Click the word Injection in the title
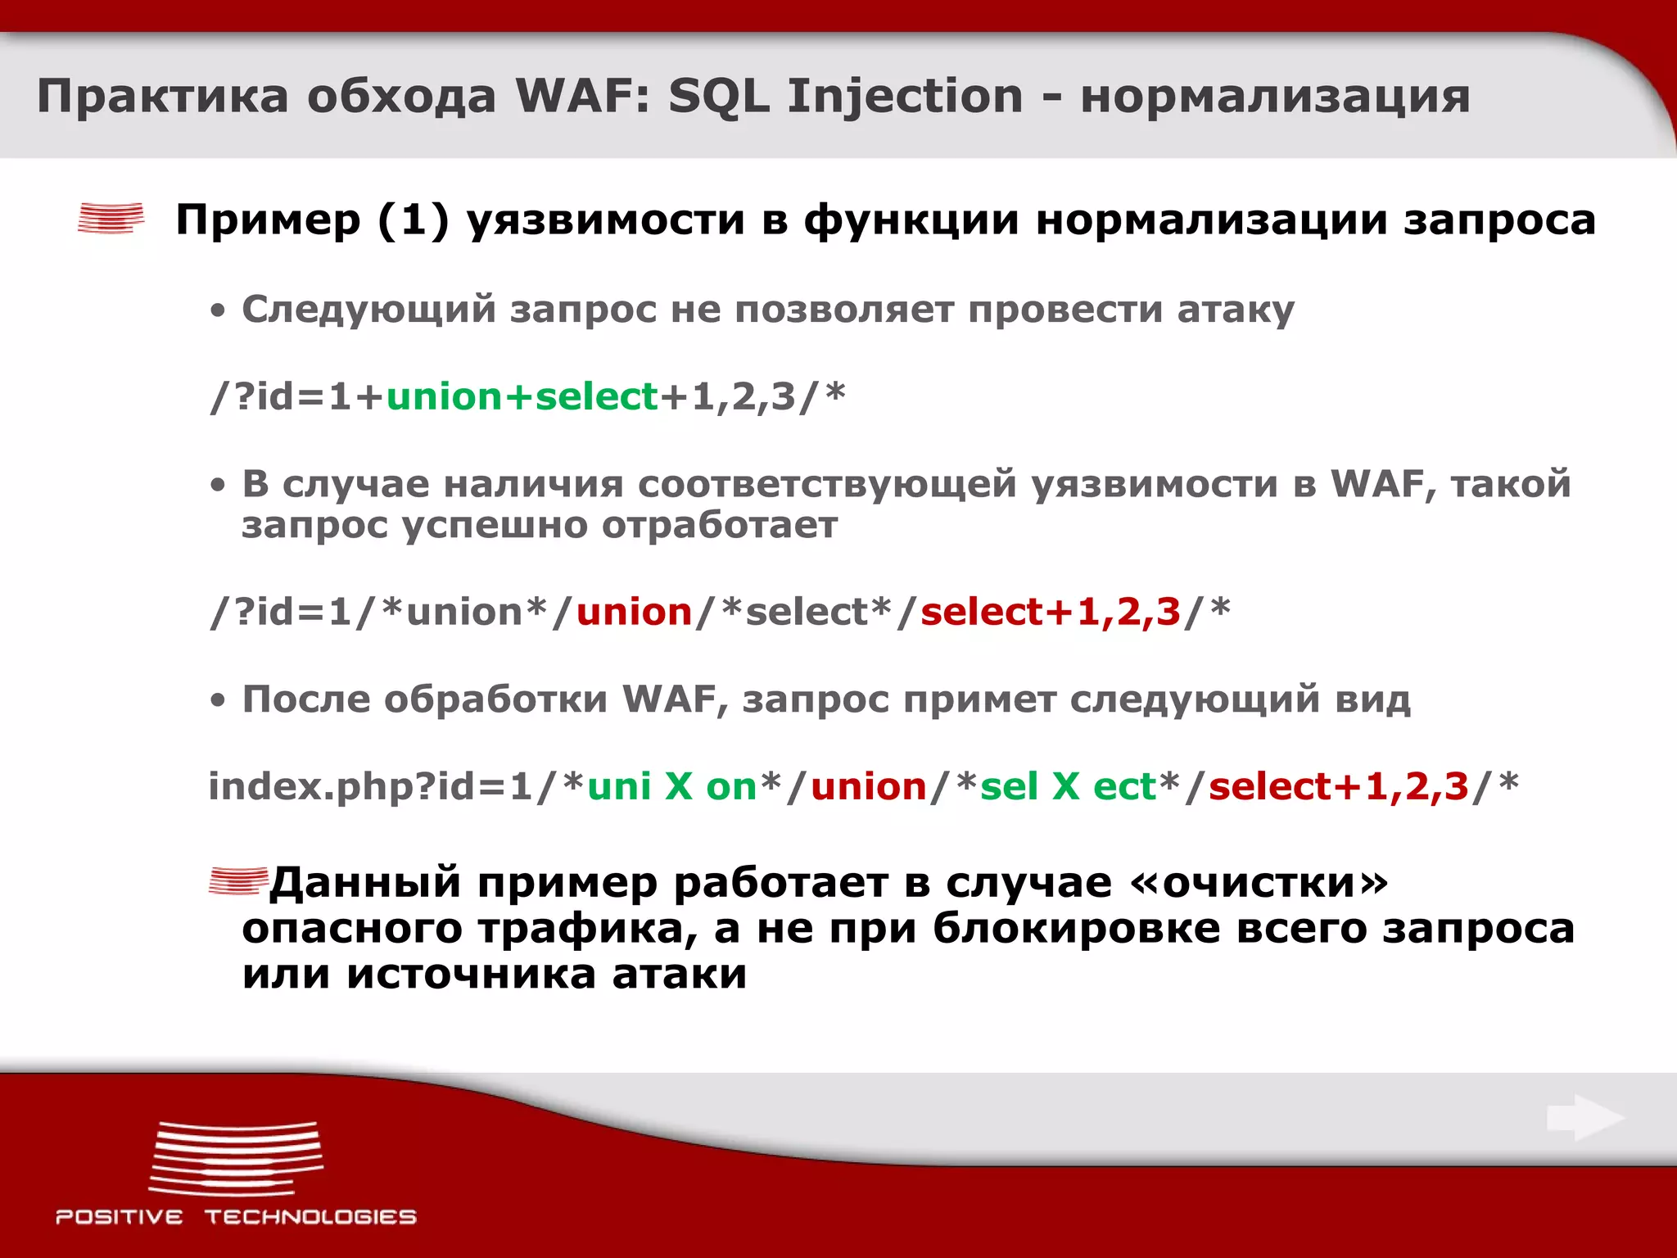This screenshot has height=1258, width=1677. pos(905,97)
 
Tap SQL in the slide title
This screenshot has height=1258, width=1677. pos(718,97)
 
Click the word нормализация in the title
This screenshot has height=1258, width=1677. pos(1275,97)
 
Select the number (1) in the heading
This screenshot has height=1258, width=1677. pos(414,219)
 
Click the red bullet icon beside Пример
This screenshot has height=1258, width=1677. pos(111,219)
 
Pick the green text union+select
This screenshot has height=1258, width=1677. pos(522,397)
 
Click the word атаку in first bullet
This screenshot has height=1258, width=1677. pos(1236,310)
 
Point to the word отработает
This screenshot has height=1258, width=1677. pos(720,525)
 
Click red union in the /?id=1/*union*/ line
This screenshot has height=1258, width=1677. pos(635,613)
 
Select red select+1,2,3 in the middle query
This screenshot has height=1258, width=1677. pos(1051,613)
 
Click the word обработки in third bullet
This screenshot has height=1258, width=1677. pos(495,699)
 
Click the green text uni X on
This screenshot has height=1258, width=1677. pos(671,787)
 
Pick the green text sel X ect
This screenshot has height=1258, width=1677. pos(1068,787)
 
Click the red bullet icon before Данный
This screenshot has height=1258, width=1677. pos(237,881)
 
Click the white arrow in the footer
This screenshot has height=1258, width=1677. pos(1584,1118)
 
